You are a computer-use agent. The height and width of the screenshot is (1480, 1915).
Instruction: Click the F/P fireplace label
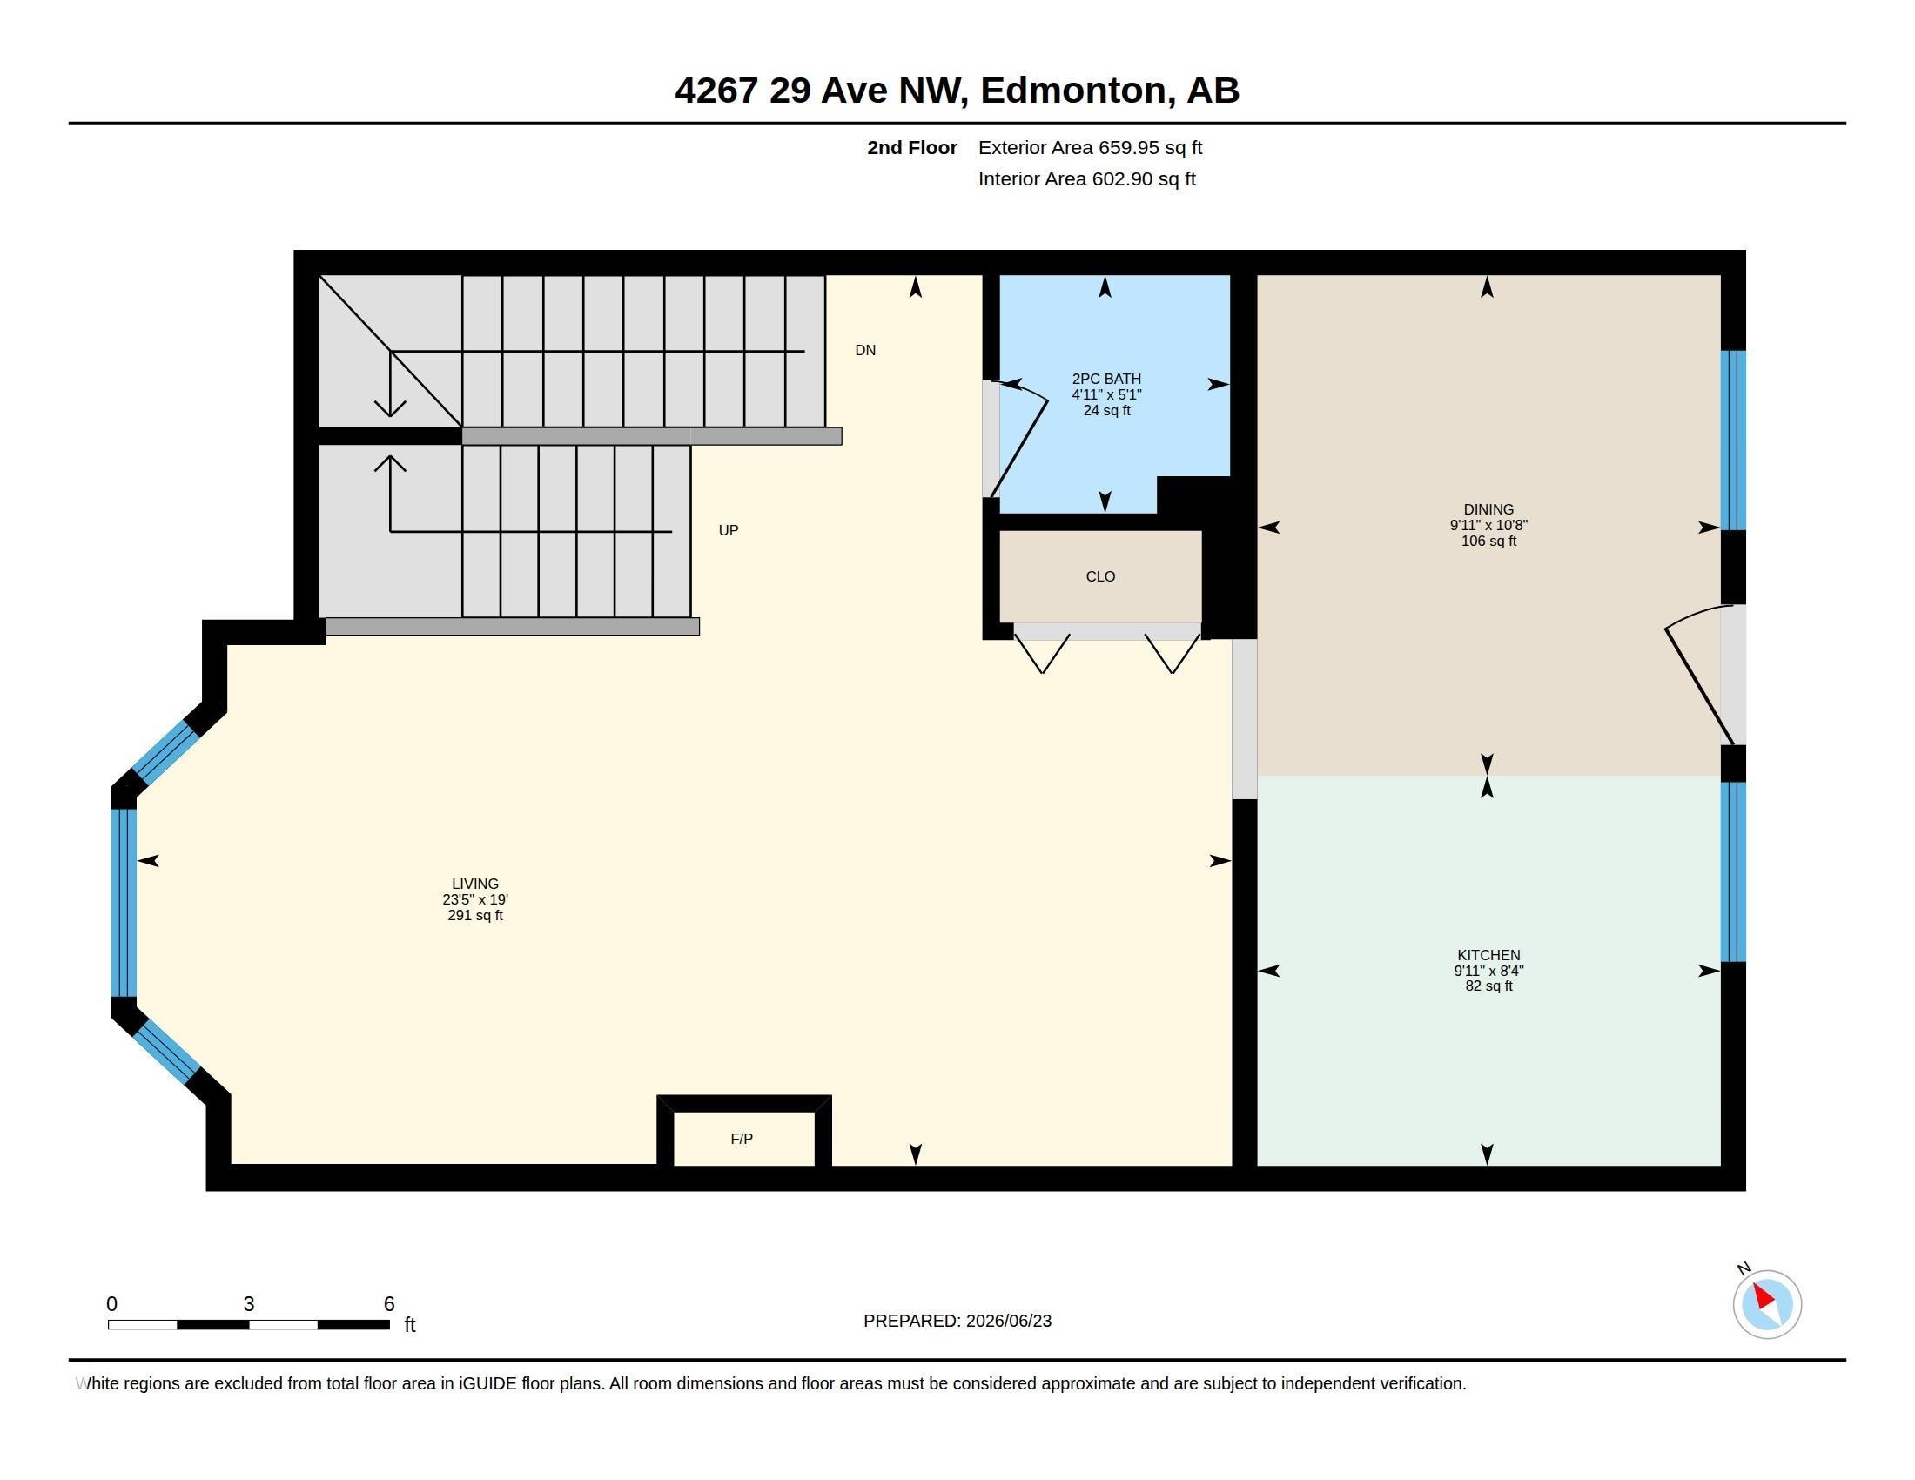pos(741,1139)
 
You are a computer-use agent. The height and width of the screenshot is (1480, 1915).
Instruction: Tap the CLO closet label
pos(1100,577)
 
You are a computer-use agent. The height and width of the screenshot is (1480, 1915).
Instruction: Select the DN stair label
pos(865,351)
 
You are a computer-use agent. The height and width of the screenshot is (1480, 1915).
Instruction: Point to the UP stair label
pos(729,530)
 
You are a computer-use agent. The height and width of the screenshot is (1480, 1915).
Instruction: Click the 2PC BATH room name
pos(1106,379)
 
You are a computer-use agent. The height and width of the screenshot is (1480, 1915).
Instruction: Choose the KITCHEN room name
pos(1488,955)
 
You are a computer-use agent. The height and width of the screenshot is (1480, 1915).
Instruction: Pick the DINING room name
pos(1488,509)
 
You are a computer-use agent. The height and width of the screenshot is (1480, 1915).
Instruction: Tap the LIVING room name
pos(475,884)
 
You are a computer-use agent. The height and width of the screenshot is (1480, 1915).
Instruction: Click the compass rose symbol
pos(1767,1304)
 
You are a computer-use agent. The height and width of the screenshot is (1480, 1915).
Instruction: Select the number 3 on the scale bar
pos(249,1304)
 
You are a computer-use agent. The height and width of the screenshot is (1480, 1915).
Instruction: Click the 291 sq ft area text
pos(475,915)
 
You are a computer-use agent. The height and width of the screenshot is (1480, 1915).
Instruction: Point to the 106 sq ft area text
pos(1488,541)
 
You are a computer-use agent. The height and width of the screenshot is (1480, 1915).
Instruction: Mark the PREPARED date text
pos(957,1321)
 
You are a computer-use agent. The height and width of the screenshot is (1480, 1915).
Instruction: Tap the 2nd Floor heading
pos(912,147)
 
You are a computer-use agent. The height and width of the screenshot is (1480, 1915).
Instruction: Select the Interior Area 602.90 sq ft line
pos(1087,178)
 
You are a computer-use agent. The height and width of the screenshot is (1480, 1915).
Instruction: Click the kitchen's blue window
pos(1733,872)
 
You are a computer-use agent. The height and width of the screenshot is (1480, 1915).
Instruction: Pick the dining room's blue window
pos(1733,441)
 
